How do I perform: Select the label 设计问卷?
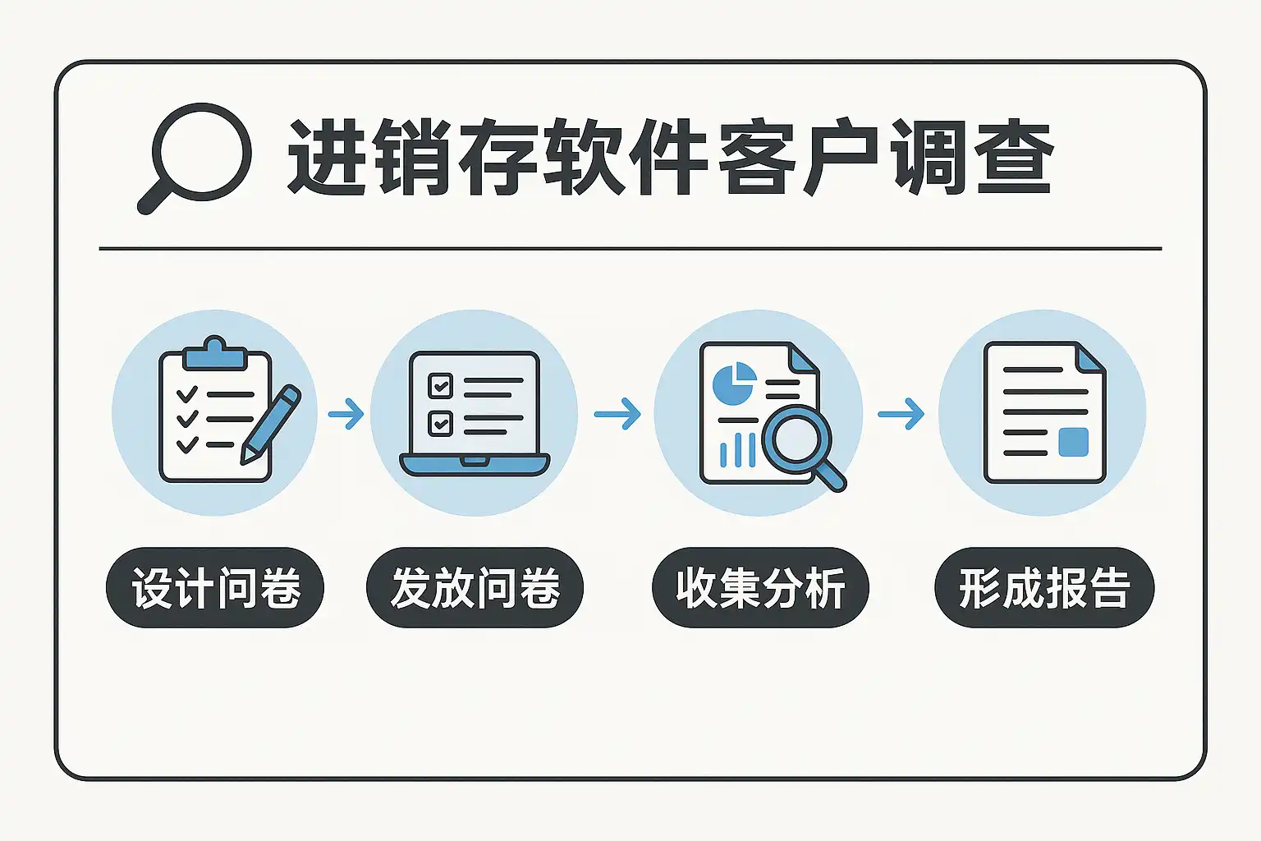[x=215, y=587]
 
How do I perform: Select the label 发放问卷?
[x=475, y=587]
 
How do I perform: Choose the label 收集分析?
[x=760, y=587]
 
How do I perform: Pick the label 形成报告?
[x=1044, y=587]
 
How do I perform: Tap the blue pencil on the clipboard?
[x=271, y=425]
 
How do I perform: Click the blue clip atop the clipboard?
[x=215, y=354]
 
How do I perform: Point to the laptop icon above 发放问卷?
[x=475, y=414]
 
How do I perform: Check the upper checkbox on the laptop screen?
[x=440, y=386]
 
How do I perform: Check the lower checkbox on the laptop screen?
[x=440, y=424]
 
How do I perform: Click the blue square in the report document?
[x=1074, y=442]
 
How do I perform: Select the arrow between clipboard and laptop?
[x=346, y=414]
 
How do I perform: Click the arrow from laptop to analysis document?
[x=617, y=414]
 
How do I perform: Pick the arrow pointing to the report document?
[x=901, y=414]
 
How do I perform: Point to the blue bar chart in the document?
[x=738, y=450]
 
